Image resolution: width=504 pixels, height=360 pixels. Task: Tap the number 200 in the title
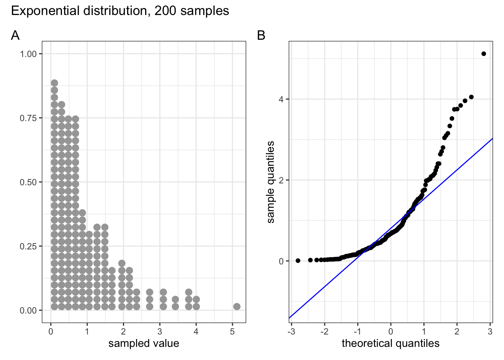coord(165,11)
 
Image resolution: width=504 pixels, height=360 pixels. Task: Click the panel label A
coord(15,35)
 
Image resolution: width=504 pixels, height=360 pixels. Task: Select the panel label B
coord(261,35)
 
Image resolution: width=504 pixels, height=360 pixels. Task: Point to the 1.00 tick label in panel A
coord(28,54)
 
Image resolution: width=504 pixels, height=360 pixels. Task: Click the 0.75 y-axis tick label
coord(28,118)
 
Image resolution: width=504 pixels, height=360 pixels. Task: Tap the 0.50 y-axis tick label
coord(28,182)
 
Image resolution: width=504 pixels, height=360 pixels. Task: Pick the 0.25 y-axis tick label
coord(28,246)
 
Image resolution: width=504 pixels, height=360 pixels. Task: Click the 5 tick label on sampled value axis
coord(232,332)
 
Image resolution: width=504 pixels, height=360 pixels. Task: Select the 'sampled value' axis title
coord(144,343)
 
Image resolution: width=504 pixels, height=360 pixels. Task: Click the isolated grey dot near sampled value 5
coord(237,306)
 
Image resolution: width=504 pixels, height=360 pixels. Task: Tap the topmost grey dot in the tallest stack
coord(54,83)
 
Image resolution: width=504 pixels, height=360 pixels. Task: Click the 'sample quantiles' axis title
coord(271,182)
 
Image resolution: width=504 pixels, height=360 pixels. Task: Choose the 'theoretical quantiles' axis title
coord(390,343)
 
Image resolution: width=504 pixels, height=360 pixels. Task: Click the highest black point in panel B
coord(483,54)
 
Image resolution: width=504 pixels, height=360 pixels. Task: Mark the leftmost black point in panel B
coord(298,261)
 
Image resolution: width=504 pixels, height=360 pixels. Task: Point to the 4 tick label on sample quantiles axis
coord(281,99)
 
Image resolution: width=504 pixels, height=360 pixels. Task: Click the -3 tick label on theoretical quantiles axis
coord(290,332)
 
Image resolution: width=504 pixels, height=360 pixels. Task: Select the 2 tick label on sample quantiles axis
coord(281,180)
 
